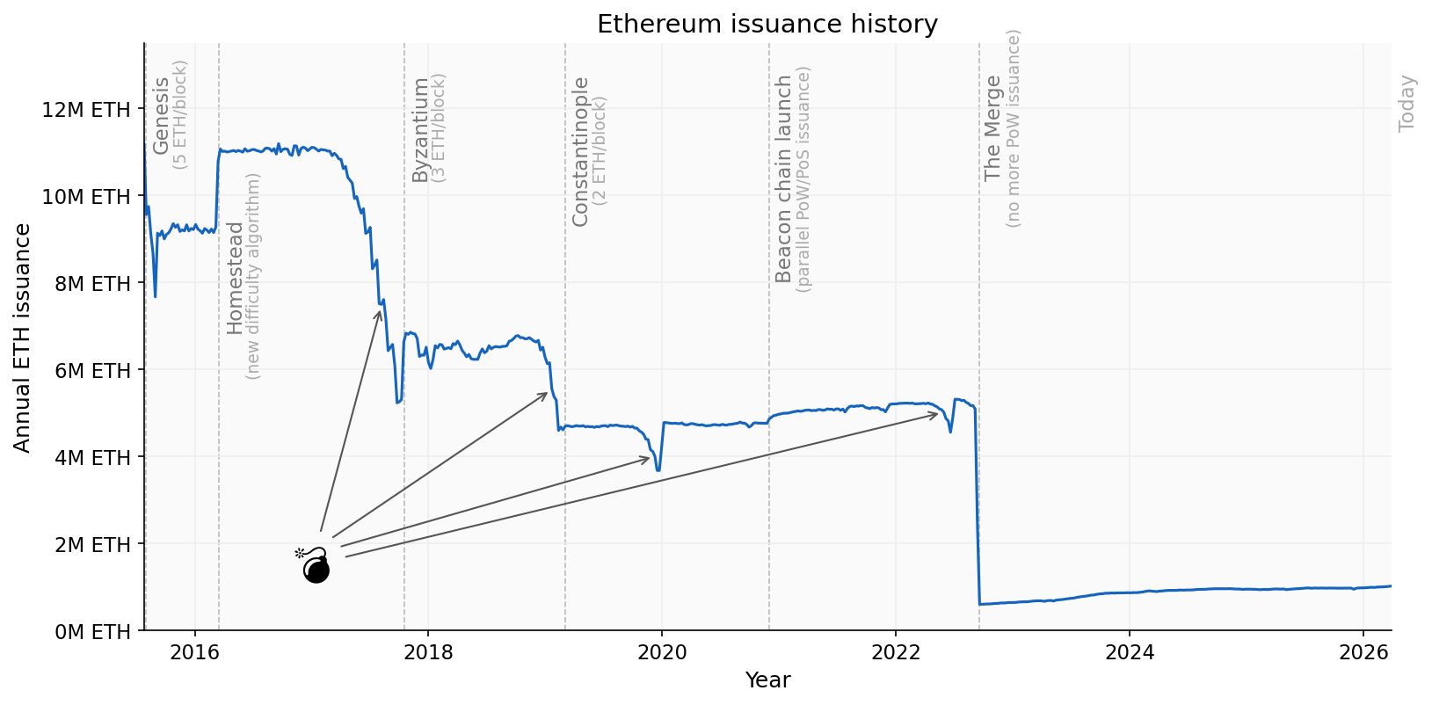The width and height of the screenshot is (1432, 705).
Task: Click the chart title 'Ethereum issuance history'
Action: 767,24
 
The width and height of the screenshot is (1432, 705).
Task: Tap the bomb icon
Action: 315,565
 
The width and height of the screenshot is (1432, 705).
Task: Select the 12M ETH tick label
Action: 85,110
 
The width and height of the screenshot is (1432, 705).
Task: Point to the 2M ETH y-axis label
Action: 91,544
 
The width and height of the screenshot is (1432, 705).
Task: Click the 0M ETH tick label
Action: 91,631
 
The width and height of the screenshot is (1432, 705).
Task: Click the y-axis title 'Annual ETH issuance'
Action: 23,338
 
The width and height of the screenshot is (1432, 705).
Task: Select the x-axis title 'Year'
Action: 767,680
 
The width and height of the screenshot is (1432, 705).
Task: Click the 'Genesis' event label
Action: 161,116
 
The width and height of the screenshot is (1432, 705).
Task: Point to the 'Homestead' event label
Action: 235,278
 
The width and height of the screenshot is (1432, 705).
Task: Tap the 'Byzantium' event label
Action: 420,130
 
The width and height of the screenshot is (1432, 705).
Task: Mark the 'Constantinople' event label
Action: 580,152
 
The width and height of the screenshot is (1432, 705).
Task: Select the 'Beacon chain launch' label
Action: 783,178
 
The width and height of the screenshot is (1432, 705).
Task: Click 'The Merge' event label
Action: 993,128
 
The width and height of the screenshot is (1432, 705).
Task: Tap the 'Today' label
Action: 1407,104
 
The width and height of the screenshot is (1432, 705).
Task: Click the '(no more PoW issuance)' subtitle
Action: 1014,128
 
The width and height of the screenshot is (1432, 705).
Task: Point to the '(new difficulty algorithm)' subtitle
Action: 254,276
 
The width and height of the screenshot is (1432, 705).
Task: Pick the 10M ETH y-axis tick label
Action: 85,197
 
